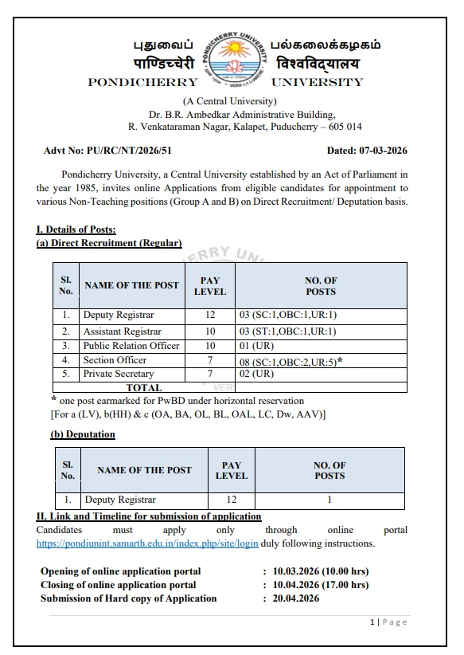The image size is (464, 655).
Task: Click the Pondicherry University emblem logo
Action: (x=235, y=61)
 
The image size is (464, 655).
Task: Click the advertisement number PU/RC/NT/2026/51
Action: (x=108, y=150)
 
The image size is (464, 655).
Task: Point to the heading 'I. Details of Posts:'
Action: (x=76, y=230)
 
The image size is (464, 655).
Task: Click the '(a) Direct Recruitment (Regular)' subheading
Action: (x=109, y=243)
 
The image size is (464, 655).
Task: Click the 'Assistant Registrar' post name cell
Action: (x=122, y=331)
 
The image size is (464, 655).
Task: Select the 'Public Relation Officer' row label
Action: (x=131, y=346)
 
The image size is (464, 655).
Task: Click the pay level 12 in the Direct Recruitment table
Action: (x=210, y=316)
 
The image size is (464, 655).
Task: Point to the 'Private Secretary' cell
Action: (x=119, y=374)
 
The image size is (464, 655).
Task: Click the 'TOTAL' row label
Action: (x=143, y=388)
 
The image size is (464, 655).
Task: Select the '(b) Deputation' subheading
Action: (x=83, y=434)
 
